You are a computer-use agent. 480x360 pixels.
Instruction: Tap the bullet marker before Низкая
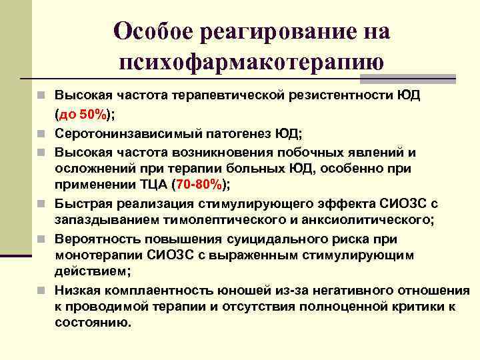click(43, 291)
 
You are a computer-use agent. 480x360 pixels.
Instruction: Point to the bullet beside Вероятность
click(43, 239)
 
